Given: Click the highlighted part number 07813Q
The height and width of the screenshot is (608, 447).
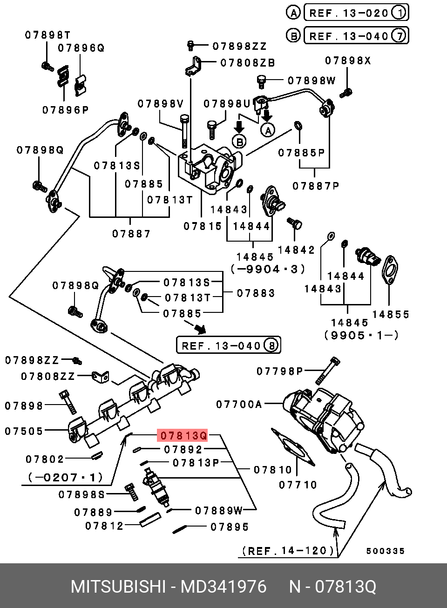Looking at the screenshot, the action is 184,436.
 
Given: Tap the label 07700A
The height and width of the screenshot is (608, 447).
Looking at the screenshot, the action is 239,405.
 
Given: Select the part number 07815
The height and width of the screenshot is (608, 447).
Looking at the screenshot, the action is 203,226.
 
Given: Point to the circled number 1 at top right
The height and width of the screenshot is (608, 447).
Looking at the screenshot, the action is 399,13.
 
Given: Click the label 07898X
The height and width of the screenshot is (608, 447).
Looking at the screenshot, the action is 348,61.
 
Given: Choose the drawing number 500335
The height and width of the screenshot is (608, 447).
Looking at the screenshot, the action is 385,551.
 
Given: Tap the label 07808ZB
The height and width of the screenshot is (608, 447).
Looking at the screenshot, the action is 248,63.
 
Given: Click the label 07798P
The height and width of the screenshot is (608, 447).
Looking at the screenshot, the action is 279,371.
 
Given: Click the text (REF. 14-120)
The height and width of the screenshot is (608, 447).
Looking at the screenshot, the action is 288,551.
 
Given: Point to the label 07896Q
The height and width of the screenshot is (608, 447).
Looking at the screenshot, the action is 81,48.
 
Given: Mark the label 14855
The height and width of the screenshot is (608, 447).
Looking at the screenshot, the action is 390,314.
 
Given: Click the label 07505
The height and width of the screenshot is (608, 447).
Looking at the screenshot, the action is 24,431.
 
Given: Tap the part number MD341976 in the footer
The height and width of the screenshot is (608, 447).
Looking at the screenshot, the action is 223,587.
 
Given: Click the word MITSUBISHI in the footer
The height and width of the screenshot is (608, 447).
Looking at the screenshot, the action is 118,587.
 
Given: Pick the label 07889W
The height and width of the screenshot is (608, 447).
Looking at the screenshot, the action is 218,511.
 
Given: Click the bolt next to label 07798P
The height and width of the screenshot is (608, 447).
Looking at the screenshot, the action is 328,371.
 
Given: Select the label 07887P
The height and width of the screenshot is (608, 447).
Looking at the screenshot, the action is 316,186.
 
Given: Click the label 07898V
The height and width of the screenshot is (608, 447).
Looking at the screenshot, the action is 160,104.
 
